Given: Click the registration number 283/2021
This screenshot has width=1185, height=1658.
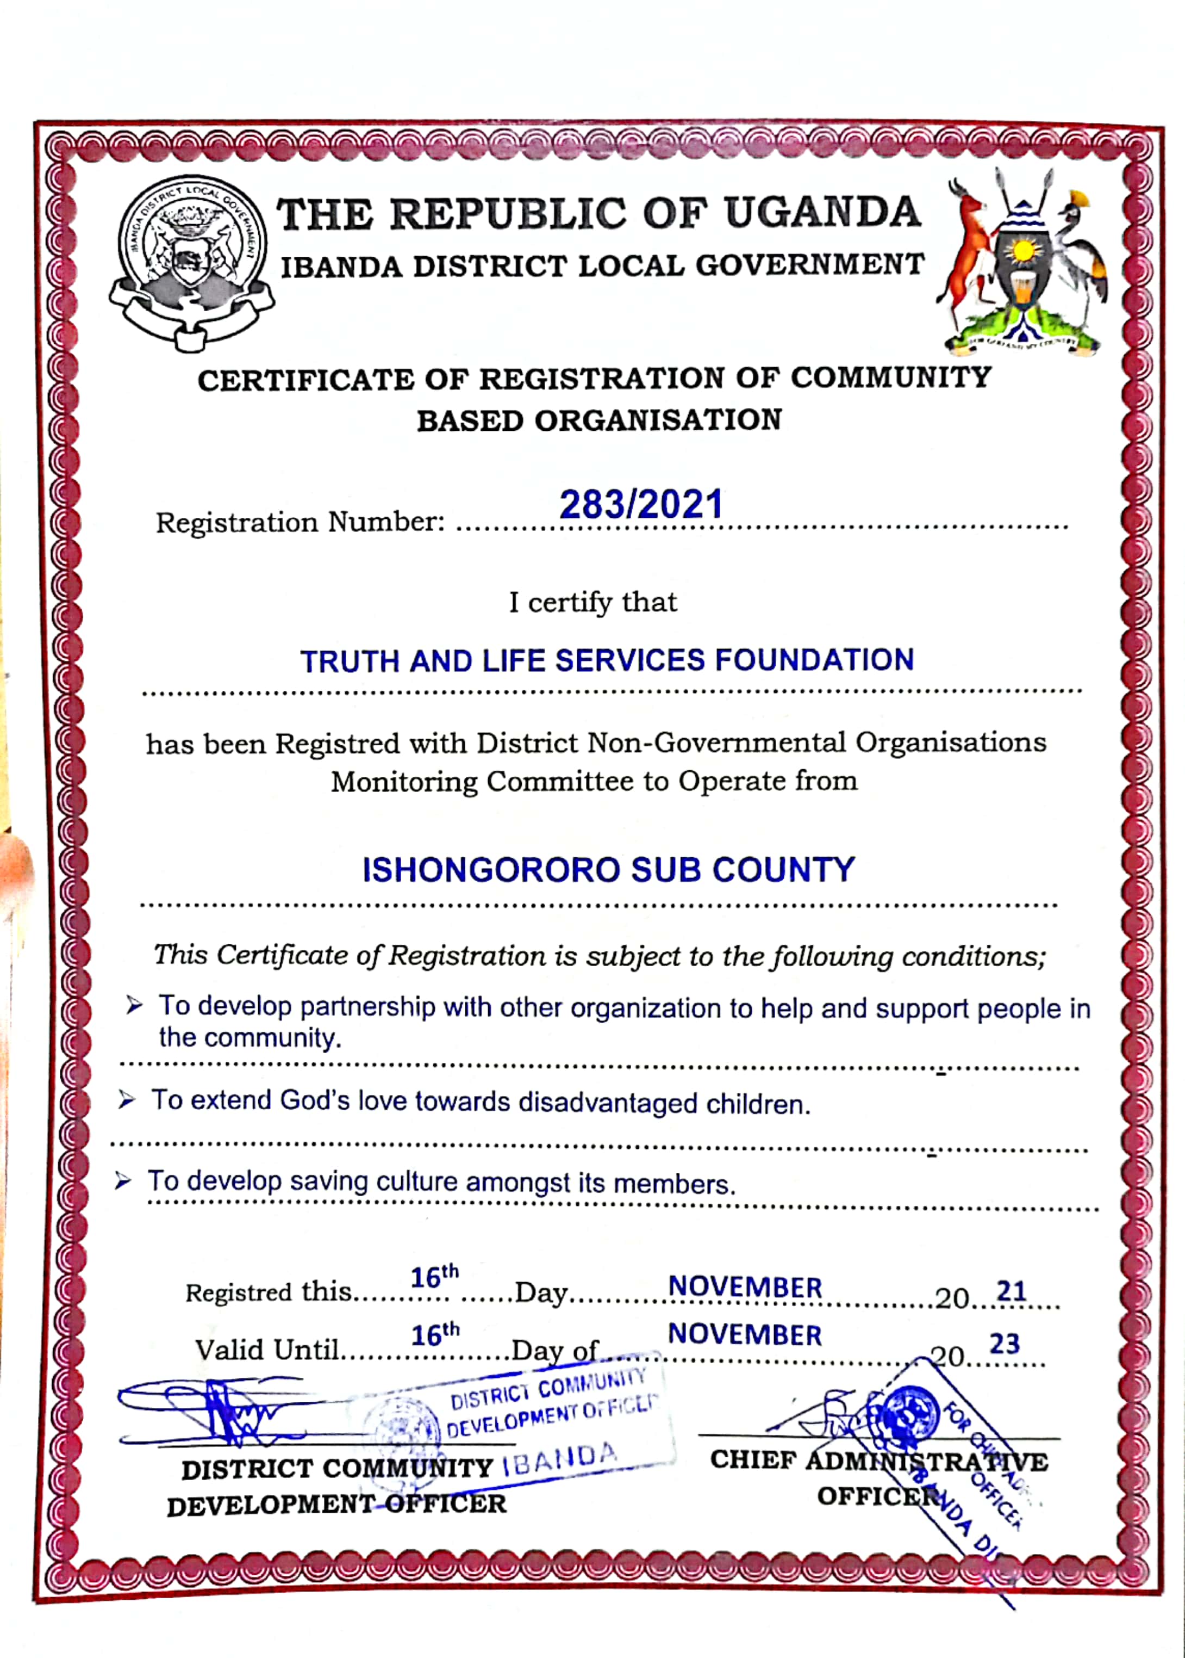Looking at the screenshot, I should tap(641, 504).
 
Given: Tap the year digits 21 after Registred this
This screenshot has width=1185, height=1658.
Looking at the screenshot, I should tap(1012, 1291).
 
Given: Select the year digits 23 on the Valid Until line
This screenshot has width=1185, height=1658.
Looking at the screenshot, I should tap(1004, 1344).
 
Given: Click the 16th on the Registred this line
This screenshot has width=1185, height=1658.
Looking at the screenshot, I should tap(434, 1276).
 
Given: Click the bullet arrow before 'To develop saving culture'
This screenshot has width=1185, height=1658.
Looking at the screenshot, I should tap(123, 1180).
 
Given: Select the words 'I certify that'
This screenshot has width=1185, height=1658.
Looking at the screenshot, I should tap(592, 602).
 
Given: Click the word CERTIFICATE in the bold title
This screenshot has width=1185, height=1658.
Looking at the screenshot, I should tap(305, 380).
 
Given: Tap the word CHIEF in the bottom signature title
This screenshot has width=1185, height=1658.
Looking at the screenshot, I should tap(752, 1459).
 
